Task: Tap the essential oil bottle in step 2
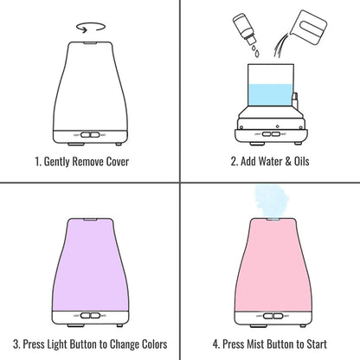pos(244,29)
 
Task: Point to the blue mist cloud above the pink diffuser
pos(271,200)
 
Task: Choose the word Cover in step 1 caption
pos(118,161)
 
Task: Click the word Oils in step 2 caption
pos(301,161)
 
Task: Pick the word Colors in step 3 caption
pos(155,344)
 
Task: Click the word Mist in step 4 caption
pos(255,344)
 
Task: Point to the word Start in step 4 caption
pos(317,344)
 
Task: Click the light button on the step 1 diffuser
pos(85,135)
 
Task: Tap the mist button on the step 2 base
pos(276,134)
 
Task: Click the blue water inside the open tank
pos(270,95)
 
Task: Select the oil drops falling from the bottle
pos(255,51)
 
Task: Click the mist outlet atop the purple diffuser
pos(90,220)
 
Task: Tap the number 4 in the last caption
pos(215,344)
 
